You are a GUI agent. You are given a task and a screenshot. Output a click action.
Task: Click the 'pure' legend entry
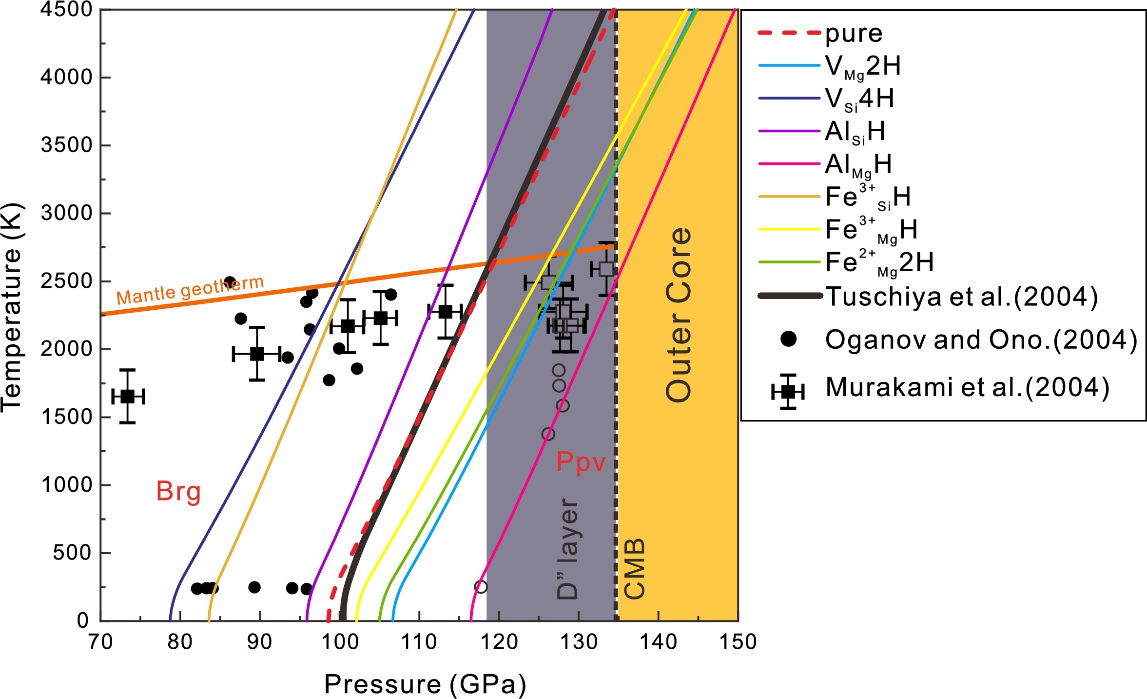854,34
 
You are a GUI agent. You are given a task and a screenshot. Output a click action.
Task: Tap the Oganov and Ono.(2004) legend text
981,340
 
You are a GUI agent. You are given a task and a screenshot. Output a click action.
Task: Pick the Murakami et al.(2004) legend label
967,387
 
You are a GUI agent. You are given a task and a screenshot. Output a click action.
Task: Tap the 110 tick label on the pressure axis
419,642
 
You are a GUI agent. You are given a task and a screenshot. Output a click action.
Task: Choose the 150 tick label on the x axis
738,642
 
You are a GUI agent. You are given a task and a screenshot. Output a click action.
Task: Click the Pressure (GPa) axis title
425,684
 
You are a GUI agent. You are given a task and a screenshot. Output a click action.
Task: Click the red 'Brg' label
178,492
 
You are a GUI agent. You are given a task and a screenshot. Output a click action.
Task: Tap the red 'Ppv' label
581,461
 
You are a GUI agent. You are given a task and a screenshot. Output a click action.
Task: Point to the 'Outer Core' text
679,315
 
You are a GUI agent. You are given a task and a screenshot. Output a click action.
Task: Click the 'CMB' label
634,569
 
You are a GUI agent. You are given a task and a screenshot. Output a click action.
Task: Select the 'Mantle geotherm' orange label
190,291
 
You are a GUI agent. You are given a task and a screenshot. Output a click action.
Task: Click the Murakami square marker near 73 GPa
128,397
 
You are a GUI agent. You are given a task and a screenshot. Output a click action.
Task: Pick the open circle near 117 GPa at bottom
481,586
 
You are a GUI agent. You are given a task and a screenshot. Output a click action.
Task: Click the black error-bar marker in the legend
788,391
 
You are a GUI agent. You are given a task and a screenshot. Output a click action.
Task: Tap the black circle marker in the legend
788,339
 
